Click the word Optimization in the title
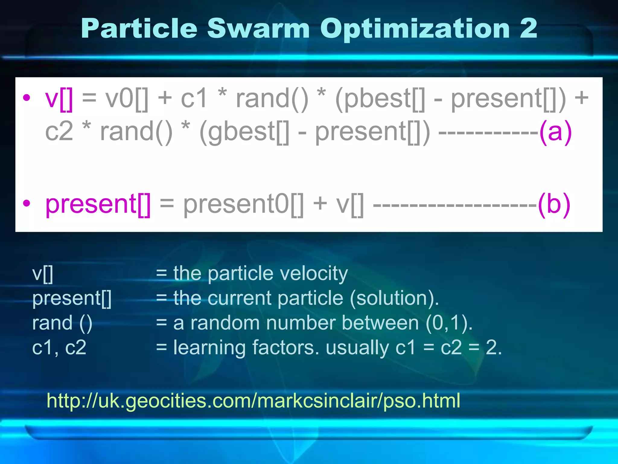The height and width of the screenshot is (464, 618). click(415, 29)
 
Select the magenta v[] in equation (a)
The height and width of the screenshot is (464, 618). click(59, 99)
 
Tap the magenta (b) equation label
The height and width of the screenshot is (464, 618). click(554, 205)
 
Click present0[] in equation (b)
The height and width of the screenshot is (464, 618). click(243, 205)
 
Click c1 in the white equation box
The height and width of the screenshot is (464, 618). click(194, 99)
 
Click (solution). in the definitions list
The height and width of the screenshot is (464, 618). click(394, 298)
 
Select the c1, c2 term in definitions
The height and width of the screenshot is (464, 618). click(59, 347)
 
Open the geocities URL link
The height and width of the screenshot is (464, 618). click(253, 401)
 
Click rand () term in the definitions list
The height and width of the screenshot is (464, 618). click(62, 323)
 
